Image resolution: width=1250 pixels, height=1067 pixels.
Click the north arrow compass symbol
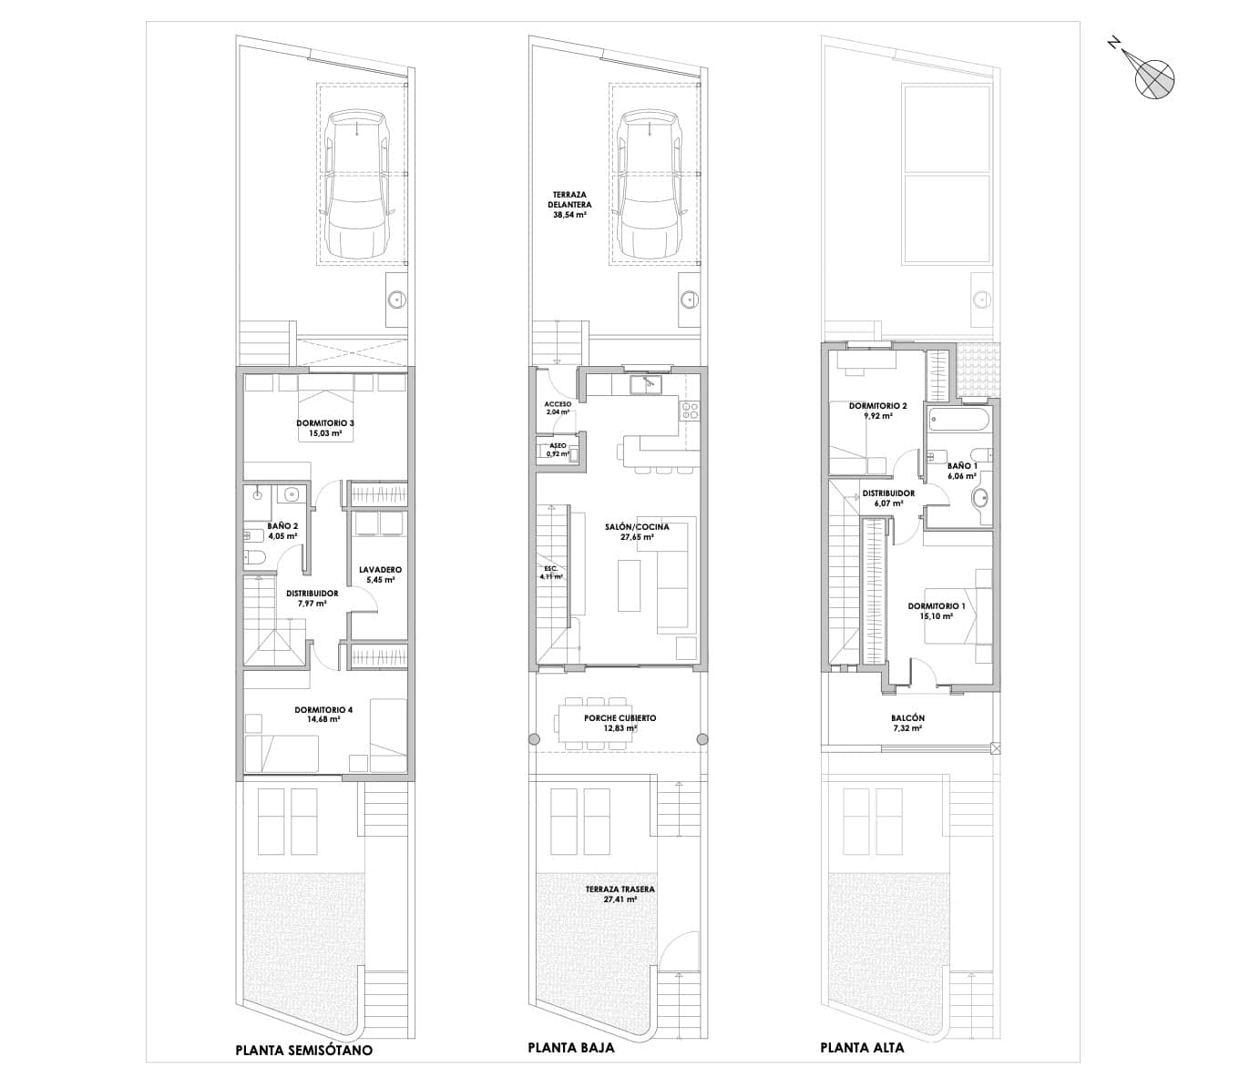pyautogui.click(x=1153, y=76)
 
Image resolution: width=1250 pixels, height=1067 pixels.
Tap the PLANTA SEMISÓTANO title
pyautogui.click(x=303, y=1050)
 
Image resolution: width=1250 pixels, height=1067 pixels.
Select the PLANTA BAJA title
pyautogui.click(x=570, y=1048)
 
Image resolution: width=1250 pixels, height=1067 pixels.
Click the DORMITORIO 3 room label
pyautogui.click(x=324, y=423)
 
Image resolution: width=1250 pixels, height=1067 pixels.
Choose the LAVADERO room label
pyautogui.click(x=380, y=570)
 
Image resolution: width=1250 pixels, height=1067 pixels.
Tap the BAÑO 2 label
pyautogui.click(x=282, y=526)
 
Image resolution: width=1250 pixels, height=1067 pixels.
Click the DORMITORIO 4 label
pyautogui.click(x=323, y=710)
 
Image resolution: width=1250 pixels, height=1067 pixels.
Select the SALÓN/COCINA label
pyautogui.click(x=637, y=527)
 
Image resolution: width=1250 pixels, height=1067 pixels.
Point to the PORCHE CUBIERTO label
pyautogui.click(x=620, y=718)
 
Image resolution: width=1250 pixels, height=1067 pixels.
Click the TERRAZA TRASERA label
pyautogui.click(x=620, y=889)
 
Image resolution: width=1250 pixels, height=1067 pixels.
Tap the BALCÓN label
pyautogui.click(x=908, y=718)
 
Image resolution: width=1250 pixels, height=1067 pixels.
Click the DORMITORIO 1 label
pyautogui.click(x=937, y=605)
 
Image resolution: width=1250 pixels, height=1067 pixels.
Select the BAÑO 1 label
pyautogui.click(x=962, y=465)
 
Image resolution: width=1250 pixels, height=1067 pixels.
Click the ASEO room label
pyautogui.click(x=557, y=446)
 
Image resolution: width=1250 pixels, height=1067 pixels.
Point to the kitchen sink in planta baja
pyautogui.click(x=648, y=383)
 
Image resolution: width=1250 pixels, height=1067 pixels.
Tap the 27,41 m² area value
pyautogui.click(x=620, y=899)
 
